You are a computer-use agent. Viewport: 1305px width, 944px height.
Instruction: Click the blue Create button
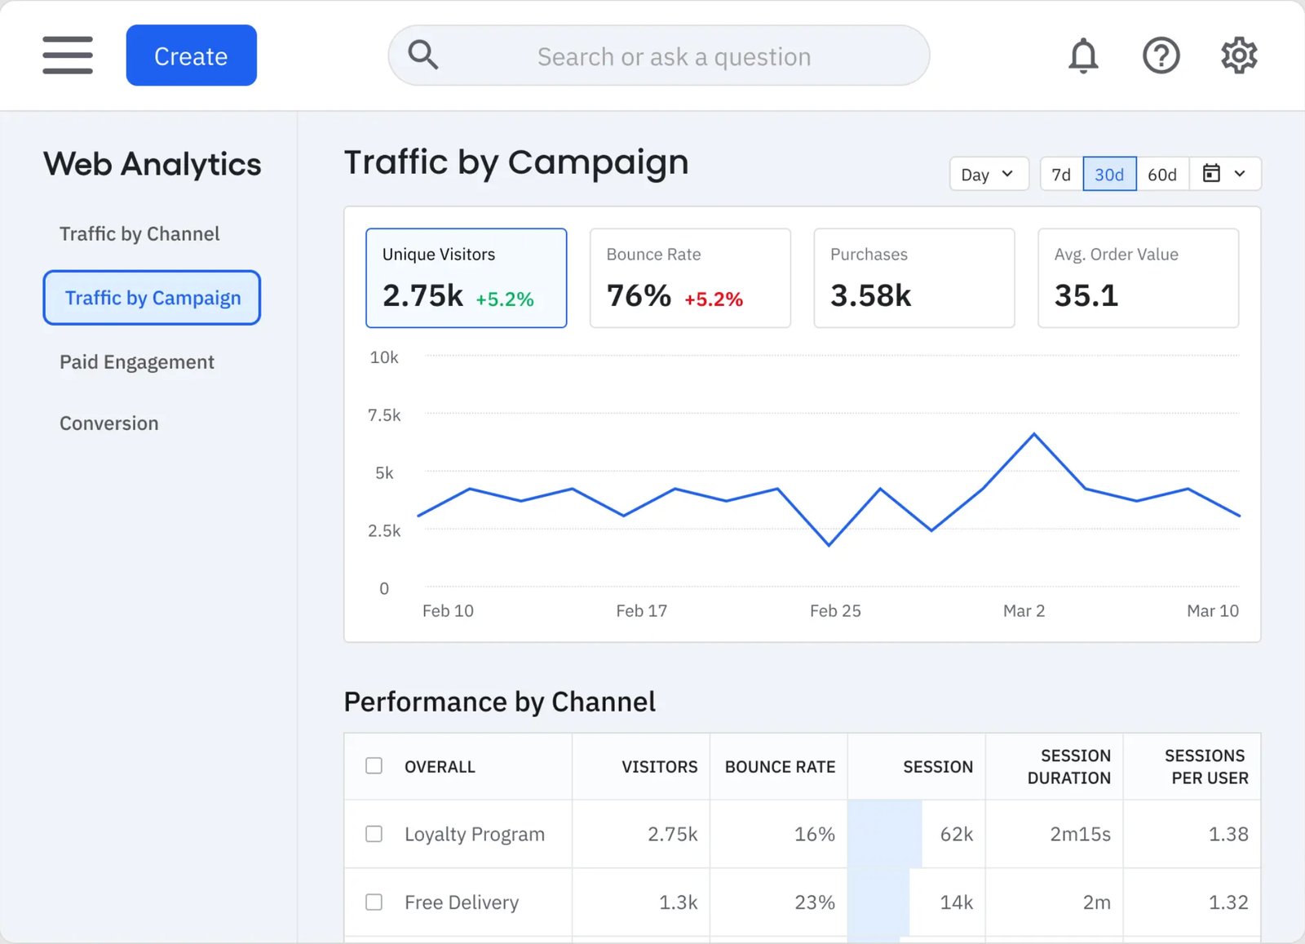pyautogui.click(x=191, y=55)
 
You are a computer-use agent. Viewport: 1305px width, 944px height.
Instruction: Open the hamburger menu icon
pyautogui.click(x=68, y=55)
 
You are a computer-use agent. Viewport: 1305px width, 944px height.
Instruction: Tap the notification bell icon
pyautogui.click(x=1083, y=55)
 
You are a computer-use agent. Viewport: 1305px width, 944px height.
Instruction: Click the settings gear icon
pyautogui.click(x=1238, y=55)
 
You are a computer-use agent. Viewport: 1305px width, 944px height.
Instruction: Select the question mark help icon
pyautogui.click(x=1161, y=55)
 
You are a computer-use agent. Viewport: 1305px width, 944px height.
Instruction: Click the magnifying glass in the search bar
pyautogui.click(x=423, y=55)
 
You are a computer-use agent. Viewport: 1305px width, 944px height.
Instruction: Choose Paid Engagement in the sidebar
pyautogui.click(x=136, y=362)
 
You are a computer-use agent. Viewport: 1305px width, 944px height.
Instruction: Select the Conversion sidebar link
pyautogui.click(x=108, y=423)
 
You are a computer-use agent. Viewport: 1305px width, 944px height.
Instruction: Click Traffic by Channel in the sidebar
pyautogui.click(x=139, y=234)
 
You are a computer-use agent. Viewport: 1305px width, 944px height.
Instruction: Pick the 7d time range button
pyautogui.click(x=1060, y=175)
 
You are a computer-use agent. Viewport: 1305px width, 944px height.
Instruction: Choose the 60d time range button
pyautogui.click(x=1161, y=175)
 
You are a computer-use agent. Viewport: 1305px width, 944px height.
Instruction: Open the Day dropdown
pyautogui.click(x=988, y=175)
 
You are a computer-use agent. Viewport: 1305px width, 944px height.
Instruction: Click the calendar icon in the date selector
pyautogui.click(x=1212, y=174)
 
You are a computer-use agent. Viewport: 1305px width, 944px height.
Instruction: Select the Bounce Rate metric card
pyautogui.click(x=690, y=278)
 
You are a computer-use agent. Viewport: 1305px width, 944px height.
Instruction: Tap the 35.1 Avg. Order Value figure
pyautogui.click(x=1086, y=295)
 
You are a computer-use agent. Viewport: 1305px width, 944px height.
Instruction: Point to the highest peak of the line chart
pyautogui.click(x=1034, y=434)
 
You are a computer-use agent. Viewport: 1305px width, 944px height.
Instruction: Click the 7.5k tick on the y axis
pyautogui.click(x=384, y=415)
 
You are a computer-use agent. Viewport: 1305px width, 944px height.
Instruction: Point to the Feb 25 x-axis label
pyautogui.click(x=835, y=611)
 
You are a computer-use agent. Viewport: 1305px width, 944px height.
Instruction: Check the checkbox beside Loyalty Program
pyautogui.click(x=374, y=834)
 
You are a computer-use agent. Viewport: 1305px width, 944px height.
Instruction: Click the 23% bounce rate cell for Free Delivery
pyautogui.click(x=814, y=902)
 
